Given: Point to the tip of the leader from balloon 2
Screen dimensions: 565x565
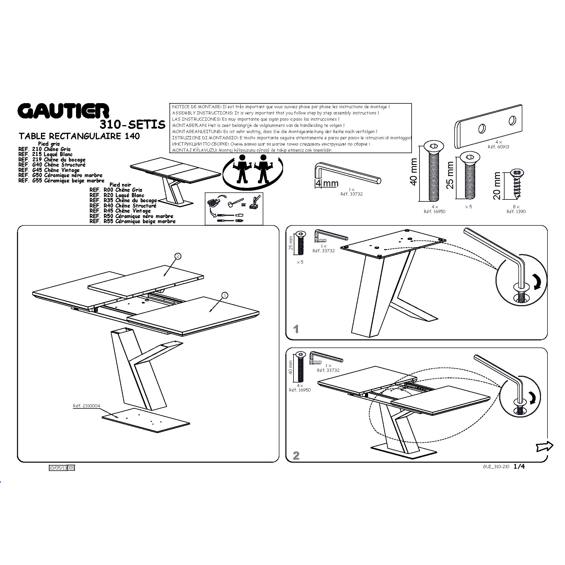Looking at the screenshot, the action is point(164,275).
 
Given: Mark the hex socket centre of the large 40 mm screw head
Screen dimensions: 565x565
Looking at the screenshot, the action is point(433,147).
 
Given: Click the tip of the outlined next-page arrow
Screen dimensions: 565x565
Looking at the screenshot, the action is point(553,446).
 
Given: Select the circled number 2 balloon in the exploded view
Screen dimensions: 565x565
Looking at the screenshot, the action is point(178,256).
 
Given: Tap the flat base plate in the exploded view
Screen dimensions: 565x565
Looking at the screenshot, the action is point(146,420).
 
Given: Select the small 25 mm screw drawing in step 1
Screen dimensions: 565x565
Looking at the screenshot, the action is point(301,243).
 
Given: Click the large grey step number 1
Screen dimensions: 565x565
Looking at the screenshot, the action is point(296,329).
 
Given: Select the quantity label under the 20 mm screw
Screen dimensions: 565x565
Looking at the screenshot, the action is point(516,207).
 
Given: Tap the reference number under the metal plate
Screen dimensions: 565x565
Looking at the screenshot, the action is point(498,147).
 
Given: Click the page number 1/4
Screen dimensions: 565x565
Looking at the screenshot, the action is point(519,466).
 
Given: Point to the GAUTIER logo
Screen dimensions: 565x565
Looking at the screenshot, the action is point(64,110).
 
